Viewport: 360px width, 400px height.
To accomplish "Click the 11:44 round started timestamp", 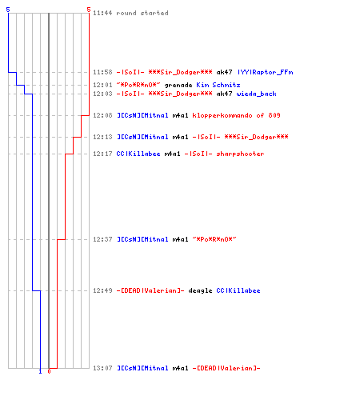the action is pos(102,13).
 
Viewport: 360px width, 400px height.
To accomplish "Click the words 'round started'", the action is pos(142,13).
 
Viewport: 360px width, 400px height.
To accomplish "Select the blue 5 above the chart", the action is pos(8,10).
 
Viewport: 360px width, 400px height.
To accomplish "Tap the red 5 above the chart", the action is pos(89,10).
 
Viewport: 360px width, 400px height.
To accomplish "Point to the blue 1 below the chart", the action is pos(40,371).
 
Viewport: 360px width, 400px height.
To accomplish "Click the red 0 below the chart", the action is pos(49,371).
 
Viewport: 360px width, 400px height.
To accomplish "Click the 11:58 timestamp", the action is pos(102,72).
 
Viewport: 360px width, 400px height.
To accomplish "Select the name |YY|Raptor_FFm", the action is pos(266,72).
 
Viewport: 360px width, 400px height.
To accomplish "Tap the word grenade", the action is pos(178,85).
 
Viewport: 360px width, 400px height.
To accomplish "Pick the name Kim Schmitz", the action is pos(218,85).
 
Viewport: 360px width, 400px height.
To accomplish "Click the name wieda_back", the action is pos(256,94).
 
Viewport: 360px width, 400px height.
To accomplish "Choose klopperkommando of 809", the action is pos(236,115).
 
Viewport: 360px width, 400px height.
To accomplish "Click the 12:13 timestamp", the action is pos(102,137).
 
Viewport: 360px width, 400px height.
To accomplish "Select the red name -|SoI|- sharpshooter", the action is pos(224,154).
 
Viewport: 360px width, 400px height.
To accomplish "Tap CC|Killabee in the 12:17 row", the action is pos(138,154).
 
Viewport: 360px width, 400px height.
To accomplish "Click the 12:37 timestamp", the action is pos(102,239).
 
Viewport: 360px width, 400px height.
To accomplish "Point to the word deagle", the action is pos(200,290).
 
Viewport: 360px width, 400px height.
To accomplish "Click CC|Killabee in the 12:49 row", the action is pos(238,290).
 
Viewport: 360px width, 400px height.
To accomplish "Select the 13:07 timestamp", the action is pos(102,368).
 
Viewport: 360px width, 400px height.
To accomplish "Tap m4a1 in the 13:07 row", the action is pos(180,368).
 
